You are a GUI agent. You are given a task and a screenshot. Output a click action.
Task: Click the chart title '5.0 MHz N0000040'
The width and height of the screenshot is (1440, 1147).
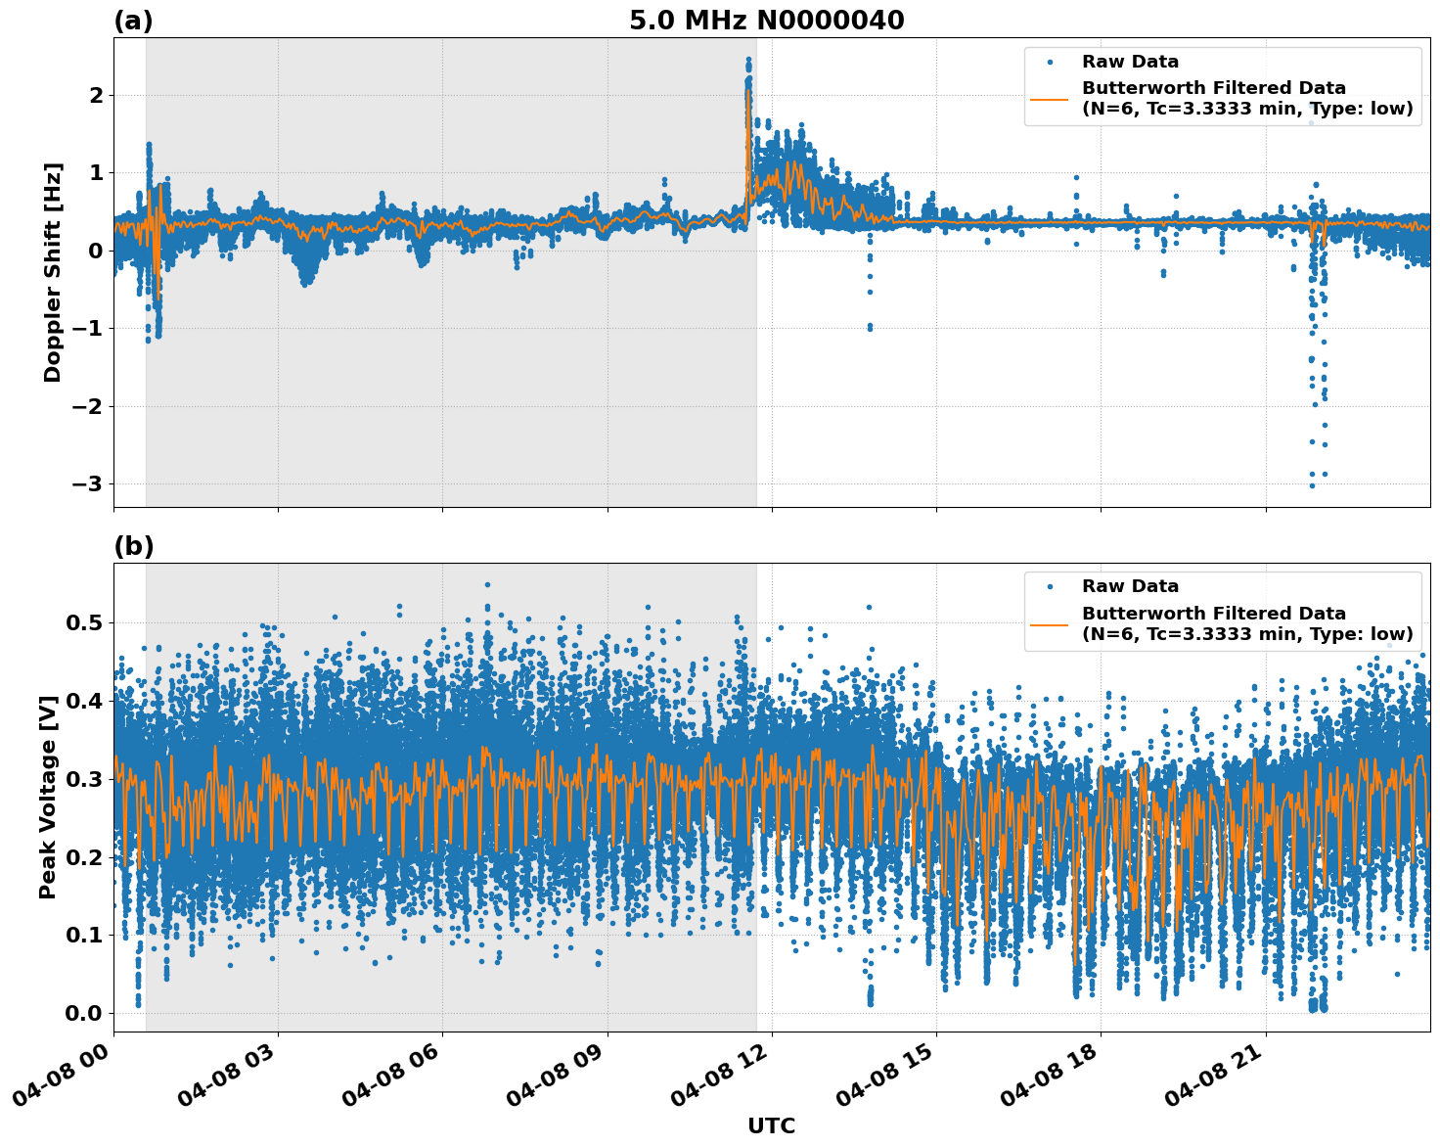766,21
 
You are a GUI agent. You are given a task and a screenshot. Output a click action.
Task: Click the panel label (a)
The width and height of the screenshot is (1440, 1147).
133,21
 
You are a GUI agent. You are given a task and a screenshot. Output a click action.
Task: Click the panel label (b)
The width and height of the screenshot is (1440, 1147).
134,546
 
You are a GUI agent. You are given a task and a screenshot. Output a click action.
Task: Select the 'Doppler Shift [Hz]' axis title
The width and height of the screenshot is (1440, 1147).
53,272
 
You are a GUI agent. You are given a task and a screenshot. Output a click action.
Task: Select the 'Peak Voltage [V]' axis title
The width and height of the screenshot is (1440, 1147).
48,797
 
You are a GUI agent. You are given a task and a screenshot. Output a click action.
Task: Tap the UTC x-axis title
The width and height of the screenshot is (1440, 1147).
771,1125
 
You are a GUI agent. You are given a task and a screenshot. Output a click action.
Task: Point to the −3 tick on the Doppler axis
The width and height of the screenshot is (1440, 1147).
88,484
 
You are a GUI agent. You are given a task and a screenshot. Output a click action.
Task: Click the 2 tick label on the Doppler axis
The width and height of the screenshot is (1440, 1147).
96,95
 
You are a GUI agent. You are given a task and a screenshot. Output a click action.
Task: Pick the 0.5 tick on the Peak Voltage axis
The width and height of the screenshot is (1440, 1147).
84,623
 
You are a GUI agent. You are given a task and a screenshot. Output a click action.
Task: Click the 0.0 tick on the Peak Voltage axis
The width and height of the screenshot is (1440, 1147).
84,1013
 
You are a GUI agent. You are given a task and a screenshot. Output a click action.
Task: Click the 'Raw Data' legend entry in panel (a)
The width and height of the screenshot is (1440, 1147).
1130,62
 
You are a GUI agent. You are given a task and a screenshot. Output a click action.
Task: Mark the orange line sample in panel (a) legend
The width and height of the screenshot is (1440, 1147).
1049,98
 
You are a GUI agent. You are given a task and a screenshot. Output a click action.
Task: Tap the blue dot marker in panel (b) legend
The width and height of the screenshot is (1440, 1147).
1050,586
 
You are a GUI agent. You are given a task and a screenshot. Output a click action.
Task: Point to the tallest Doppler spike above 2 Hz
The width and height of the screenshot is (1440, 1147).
748,61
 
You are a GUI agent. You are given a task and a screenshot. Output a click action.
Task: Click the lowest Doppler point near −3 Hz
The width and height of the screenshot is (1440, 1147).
1312,485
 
